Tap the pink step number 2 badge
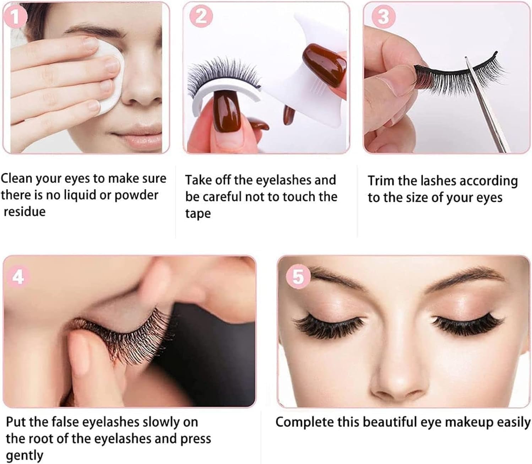tap(201, 16)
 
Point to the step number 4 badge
tap(18, 277)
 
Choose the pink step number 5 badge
tap(298, 277)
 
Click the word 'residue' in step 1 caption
tap(25, 212)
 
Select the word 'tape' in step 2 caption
tap(198, 214)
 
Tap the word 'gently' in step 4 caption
tap(25, 455)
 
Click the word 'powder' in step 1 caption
tap(136, 195)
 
